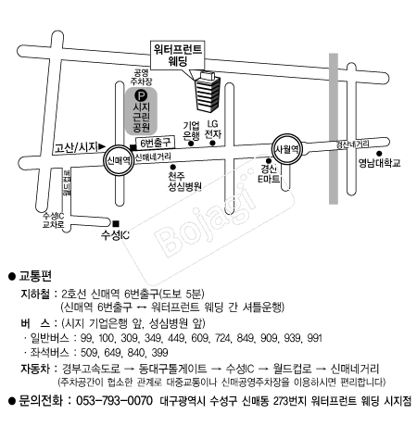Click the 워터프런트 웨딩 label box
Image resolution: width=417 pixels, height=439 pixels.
coord(180,53)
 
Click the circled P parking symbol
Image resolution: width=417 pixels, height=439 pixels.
coord(141,94)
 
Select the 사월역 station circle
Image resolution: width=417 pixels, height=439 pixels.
coord(284,148)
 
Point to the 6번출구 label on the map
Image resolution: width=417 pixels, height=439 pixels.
coord(155,143)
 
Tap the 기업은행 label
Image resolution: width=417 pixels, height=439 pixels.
coord(191,130)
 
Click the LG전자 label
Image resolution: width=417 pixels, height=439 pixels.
coord(213,130)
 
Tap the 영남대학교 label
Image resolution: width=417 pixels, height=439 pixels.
coord(380,162)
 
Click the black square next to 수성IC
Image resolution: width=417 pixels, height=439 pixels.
coord(116,223)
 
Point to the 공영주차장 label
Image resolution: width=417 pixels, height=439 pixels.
coord(141,75)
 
